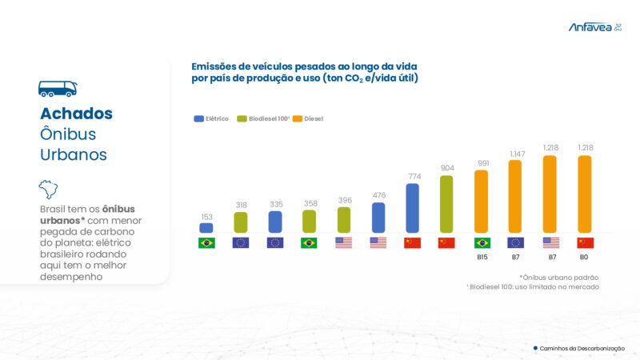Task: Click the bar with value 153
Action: [x=206, y=228]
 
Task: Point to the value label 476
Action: [x=378, y=195]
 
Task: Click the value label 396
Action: [x=343, y=200]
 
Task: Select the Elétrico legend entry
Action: [x=211, y=118]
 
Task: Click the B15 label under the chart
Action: [x=482, y=258]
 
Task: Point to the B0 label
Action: [x=585, y=258]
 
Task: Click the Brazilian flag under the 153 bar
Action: [x=206, y=242]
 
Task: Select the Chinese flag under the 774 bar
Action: [x=412, y=242]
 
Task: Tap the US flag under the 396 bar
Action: [x=343, y=242]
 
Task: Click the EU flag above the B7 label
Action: [x=516, y=242]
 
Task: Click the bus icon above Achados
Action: [x=58, y=89]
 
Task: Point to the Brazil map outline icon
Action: [x=49, y=190]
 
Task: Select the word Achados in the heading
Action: [x=76, y=114]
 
